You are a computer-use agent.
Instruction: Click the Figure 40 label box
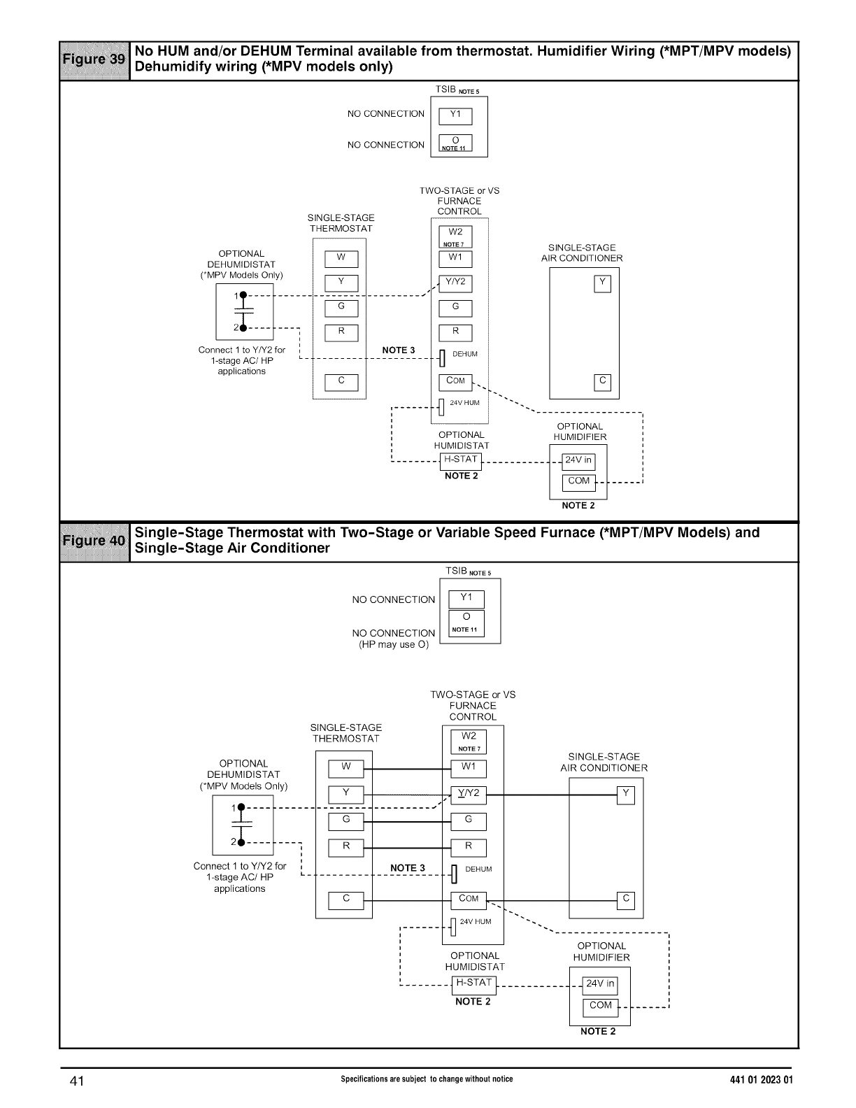click(94, 541)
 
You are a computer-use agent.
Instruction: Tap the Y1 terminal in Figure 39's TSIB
click(455, 116)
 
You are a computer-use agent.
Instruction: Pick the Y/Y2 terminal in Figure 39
click(455, 283)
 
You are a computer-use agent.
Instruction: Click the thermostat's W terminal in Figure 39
click(341, 259)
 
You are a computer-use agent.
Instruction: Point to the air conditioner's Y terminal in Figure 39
click(602, 283)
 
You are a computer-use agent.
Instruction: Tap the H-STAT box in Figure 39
click(461, 460)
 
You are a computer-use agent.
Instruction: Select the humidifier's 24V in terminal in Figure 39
click(578, 461)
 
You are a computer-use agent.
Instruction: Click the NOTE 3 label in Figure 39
click(399, 350)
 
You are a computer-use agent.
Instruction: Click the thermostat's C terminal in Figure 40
click(346, 900)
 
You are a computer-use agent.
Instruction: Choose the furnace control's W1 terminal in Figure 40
click(469, 768)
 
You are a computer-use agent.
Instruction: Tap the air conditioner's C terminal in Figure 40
click(626, 900)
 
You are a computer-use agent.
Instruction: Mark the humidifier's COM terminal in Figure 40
click(601, 1007)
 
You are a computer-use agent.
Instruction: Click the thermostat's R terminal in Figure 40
click(346, 847)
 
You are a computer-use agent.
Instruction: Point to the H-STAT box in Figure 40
click(474, 983)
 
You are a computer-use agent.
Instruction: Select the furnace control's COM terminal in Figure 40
click(469, 900)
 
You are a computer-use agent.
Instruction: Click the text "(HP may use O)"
click(394, 644)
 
